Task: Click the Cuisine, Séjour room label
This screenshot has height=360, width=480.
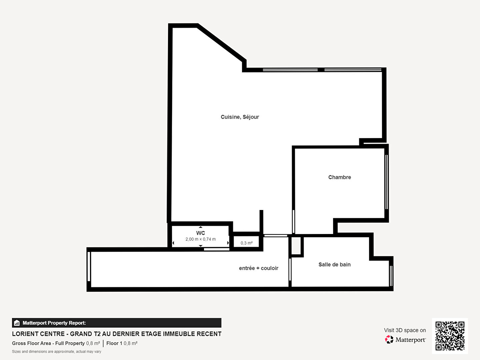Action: point(240,117)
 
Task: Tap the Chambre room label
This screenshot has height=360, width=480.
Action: point(339,177)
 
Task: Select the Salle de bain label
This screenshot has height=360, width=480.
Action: point(334,264)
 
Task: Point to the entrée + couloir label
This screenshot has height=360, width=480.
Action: point(258,268)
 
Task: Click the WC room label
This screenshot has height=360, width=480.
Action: point(201,233)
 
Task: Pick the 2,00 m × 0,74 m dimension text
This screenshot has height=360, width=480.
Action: point(201,239)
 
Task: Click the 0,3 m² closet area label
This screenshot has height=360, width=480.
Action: point(246,243)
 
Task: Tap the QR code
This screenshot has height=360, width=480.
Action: point(450,336)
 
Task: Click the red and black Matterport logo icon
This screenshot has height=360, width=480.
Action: point(389,339)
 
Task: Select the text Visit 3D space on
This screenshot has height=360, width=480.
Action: point(405,330)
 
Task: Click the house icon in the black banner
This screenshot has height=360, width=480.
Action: point(17,323)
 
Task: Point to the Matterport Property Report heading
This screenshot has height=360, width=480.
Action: point(54,323)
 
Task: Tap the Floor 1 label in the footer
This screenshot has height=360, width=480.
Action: point(114,343)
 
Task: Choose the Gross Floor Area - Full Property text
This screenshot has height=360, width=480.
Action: point(48,343)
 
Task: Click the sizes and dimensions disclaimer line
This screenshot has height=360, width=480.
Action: point(56,351)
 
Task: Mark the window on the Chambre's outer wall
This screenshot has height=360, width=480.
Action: point(386,182)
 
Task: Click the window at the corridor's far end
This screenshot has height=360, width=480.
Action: point(89,266)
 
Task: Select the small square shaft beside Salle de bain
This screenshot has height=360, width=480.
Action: point(296,246)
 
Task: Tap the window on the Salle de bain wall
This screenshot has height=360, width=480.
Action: point(391,276)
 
